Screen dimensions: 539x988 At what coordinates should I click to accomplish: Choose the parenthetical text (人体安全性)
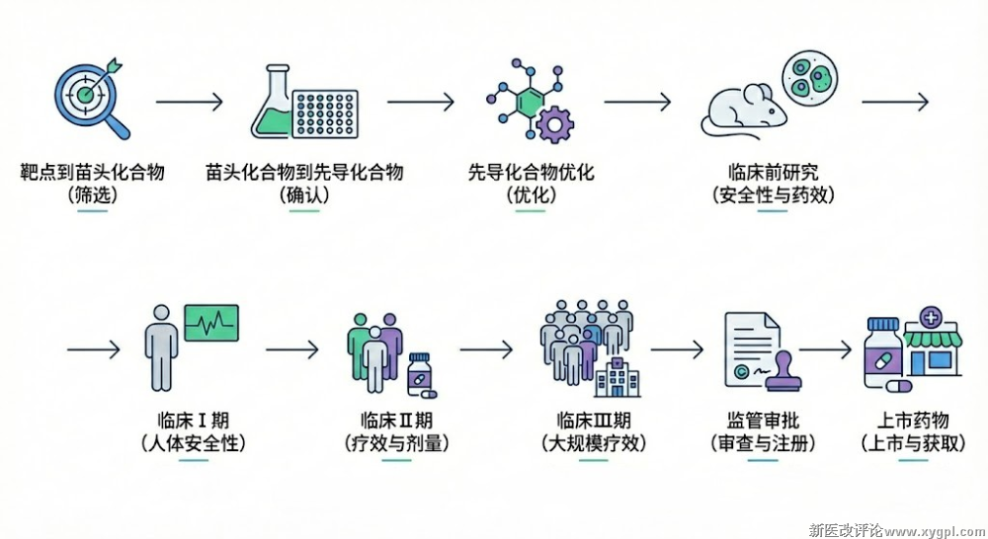click(x=194, y=443)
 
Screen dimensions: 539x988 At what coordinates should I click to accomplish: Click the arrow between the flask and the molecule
click(x=420, y=101)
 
